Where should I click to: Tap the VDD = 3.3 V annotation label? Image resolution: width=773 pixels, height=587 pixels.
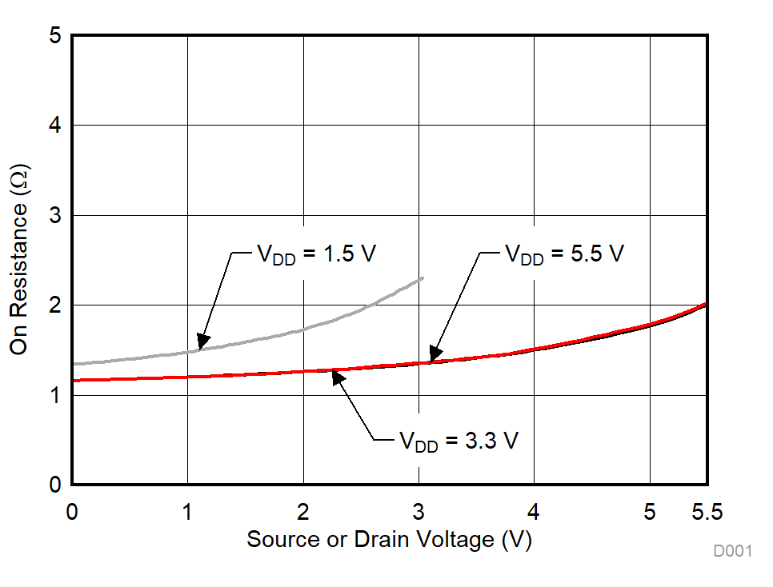coord(459,441)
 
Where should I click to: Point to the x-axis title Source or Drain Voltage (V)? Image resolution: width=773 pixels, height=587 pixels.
coord(389,540)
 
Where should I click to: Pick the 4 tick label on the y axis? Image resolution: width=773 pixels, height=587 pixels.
coord(55,126)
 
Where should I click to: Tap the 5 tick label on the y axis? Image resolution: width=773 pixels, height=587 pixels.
coord(55,36)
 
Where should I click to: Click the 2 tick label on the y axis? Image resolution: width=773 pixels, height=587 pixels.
coord(55,305)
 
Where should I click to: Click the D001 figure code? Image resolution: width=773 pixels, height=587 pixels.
coord(734,551)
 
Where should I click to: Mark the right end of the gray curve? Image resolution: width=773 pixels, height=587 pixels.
coord(423,278)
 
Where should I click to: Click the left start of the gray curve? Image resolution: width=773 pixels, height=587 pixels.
coord(74,364)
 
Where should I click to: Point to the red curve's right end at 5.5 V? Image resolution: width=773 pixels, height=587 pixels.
coord(706,304)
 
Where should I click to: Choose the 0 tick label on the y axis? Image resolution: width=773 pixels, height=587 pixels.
coord(55,485)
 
